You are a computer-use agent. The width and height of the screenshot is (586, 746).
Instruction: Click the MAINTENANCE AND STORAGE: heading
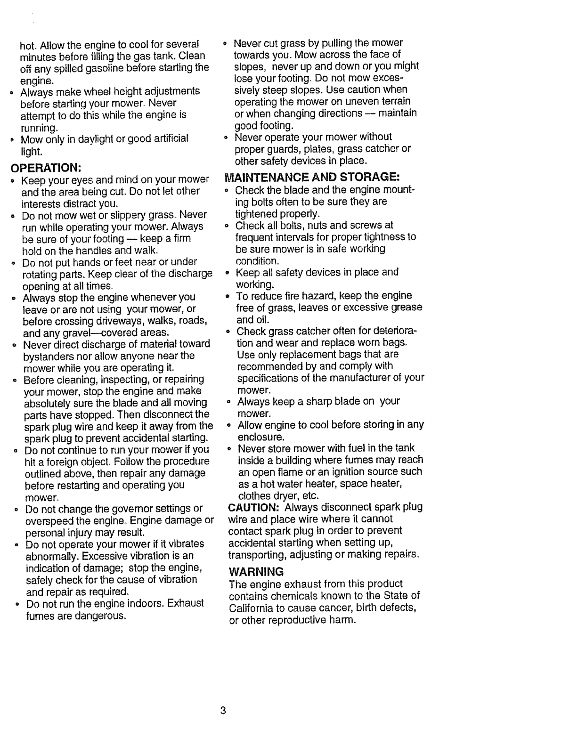point(312,178)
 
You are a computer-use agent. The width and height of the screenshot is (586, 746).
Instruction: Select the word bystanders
point(50,356)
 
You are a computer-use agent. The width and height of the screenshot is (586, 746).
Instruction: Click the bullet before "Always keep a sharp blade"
point(228,402)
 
